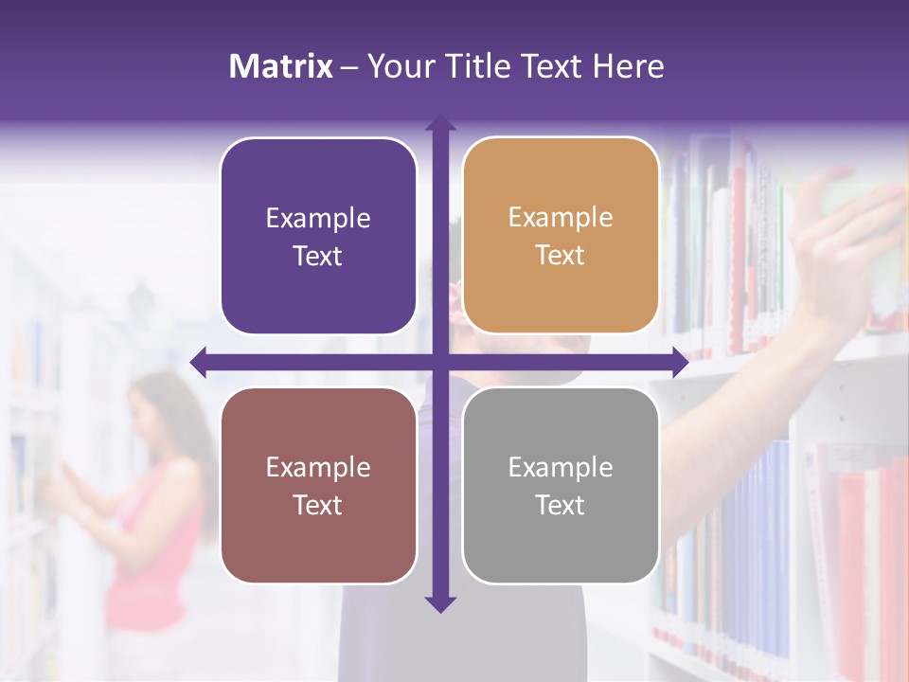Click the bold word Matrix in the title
point(281,66)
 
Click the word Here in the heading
point(628,66)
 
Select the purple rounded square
point(318,237)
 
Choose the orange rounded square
point(561,236)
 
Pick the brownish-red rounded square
point(318,485)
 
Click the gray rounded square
point(561,485)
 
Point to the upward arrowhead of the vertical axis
point(439,123)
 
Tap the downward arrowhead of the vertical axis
point(439,603)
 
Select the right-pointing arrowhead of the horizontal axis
point(679,362)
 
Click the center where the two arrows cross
point(439,362)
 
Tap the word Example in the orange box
point(561,218)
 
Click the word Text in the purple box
point(318,257)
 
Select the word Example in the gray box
point(561,467)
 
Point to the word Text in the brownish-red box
point(318,506)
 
